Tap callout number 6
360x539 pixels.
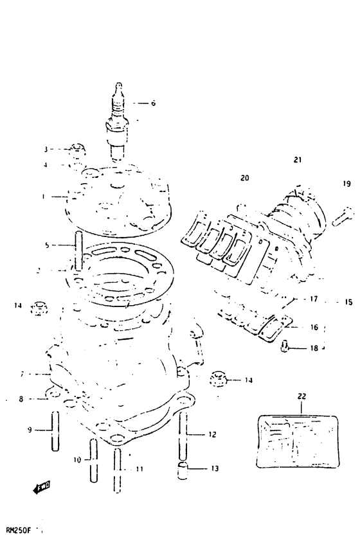click(153, 103)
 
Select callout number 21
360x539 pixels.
click(297, 160)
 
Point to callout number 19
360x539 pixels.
click(346, 184)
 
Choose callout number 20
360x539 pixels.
click(244, 178)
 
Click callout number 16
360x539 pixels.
click(314, 327)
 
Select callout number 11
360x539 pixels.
click(139, 469)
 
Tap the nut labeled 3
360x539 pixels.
click(77, 150)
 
